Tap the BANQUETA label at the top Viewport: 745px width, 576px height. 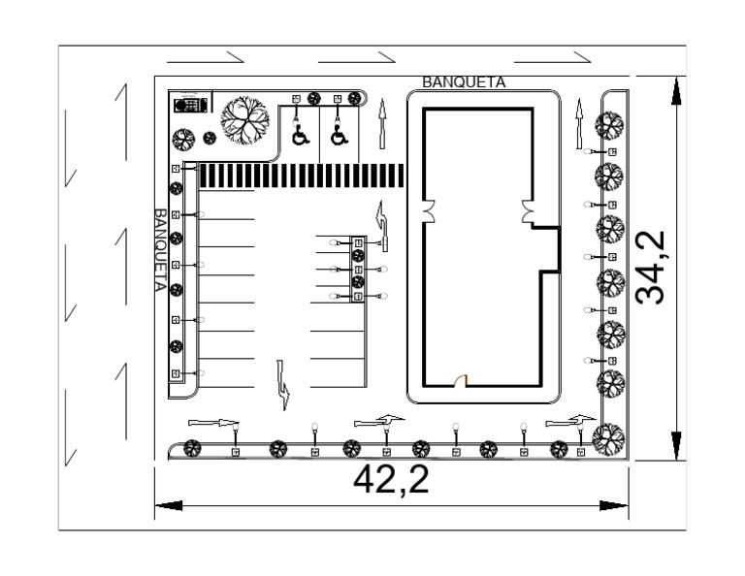pos(464,83)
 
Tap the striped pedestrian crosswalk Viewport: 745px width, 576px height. pos(302,176)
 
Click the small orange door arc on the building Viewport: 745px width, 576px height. pos(464,380)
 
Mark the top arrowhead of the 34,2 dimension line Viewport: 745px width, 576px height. pos(676,90)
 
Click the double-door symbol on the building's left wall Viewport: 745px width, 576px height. pos(428,210)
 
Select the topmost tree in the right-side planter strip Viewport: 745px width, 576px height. pos(610,125)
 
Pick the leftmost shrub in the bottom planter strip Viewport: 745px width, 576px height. pos(192,448)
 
